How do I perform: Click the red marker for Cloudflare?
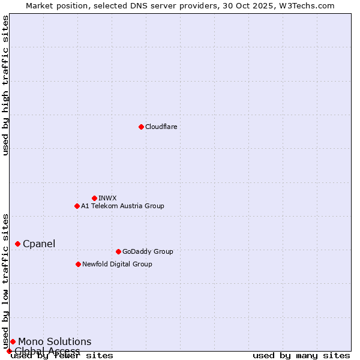141,127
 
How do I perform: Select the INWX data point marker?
94,198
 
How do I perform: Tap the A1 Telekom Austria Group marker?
77,206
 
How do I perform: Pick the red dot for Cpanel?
17,244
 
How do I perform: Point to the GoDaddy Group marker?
118,251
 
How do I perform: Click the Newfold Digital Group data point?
78,264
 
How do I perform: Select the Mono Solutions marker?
13,341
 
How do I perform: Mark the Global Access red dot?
9,351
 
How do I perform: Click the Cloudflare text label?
161,127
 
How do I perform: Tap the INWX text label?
107,198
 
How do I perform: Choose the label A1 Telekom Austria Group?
122,206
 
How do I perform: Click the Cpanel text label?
39,244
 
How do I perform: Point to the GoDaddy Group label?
148,251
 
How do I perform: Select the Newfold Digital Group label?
117,264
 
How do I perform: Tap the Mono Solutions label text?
55,341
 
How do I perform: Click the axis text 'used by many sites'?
301,356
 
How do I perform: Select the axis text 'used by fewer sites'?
62,356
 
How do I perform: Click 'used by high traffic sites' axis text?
5,85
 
